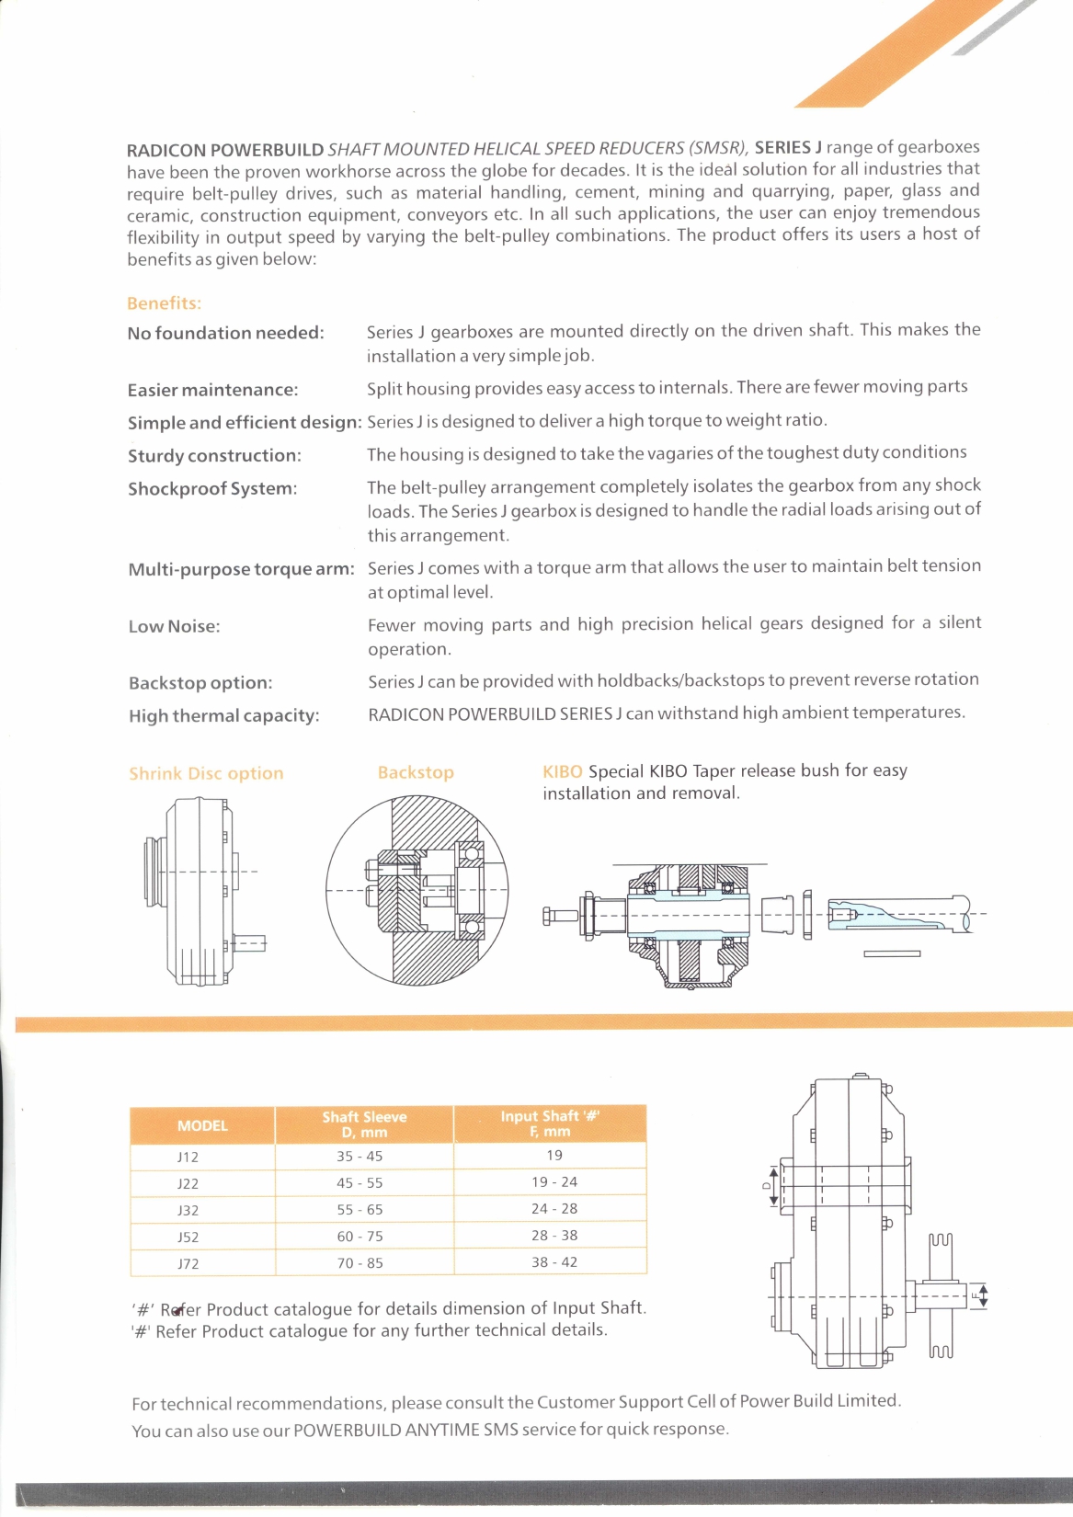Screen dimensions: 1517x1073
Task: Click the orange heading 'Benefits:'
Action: pos(164,303)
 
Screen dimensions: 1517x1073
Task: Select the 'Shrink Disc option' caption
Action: pos(206,773)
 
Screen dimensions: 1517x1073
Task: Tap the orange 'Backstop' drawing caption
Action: pos(416,772)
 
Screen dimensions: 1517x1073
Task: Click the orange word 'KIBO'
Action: pos(562,771)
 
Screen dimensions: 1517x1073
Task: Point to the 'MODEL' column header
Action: pos(202,1125)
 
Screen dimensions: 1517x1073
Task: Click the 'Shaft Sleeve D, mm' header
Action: pos(364,1124)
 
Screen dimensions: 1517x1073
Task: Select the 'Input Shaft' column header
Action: pos(549,1123)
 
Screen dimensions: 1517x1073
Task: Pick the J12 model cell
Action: pos(188,1157)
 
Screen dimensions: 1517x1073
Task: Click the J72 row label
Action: pos(188,1263)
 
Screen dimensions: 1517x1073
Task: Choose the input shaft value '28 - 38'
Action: pos(554,1236)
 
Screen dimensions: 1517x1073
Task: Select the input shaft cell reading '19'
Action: pos(554,1156)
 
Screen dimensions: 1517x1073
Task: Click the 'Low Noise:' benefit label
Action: pos(175,627)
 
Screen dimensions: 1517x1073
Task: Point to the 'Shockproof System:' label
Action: pos(212,489)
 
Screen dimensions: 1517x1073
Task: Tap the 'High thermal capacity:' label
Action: pos(224,716)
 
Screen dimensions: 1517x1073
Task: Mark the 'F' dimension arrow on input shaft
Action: pos(982,1297)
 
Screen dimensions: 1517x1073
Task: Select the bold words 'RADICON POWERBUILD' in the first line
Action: pos(225,150)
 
